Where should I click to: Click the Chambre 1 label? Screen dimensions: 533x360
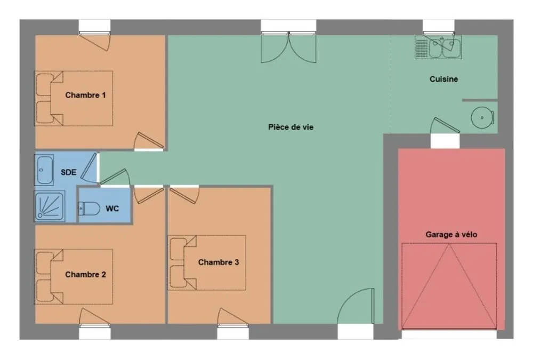click(85, 95)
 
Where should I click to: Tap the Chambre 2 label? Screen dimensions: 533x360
click(85, 274)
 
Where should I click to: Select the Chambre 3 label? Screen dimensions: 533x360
click(218, 262)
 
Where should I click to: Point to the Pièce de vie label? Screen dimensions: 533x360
click(290, 127)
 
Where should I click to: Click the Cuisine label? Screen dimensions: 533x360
click(443, 79)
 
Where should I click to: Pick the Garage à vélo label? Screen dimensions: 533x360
click(451, 235)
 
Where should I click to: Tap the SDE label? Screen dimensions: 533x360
click(68, 172)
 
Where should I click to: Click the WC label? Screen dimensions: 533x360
click(112, 208)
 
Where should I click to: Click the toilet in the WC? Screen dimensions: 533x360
click(89, 208)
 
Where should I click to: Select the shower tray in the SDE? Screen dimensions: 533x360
click(50, 206)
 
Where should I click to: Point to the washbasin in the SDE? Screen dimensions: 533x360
click(45, 170)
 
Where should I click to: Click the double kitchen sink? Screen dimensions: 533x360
click(438, 48)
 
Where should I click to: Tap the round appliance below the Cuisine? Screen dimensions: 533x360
click(482, 118)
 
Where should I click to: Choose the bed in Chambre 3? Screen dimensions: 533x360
click(207, 262)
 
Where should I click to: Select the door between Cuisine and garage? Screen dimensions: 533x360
click(445, 125)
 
